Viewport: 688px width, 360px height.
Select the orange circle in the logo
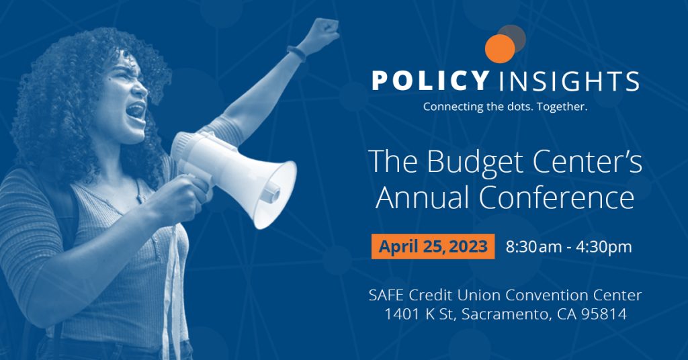coord(500,48)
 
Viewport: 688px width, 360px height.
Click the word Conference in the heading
coord(556,197)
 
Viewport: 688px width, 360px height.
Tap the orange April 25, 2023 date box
coord(433,246)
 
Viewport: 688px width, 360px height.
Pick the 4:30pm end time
coord(604,247)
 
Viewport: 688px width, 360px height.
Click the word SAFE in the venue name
coord(386,295)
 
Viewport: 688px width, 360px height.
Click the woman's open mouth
coord(136,111)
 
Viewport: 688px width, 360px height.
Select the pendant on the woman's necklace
coord(140,197)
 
